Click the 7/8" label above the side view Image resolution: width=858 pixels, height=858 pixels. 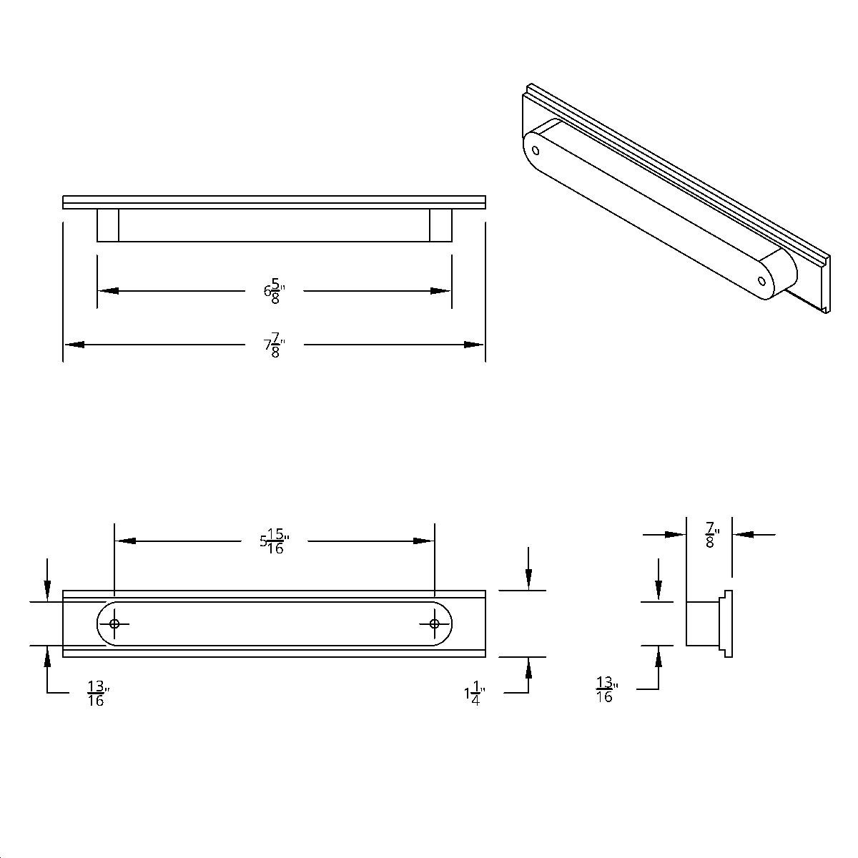pos(711,534)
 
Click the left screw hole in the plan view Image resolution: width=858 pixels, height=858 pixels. pos(114,623)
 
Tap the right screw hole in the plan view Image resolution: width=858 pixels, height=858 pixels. pos(434,623)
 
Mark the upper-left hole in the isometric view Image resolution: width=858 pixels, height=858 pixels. pos(536,150)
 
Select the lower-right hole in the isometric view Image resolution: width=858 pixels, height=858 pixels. pos(762,281)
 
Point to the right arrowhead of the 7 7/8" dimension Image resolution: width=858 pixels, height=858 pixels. pos(474,345)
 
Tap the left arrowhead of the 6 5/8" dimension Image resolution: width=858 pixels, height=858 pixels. pos(108,291)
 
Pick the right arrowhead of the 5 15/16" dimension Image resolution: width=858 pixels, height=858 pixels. pos(424,541)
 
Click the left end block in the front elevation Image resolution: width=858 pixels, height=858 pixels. pos(108,225)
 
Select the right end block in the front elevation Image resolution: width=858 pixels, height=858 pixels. pos(440,225)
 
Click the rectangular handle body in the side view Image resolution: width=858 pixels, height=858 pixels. pos(702,623)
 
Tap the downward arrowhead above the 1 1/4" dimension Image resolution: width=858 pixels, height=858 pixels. pos(528,580)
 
